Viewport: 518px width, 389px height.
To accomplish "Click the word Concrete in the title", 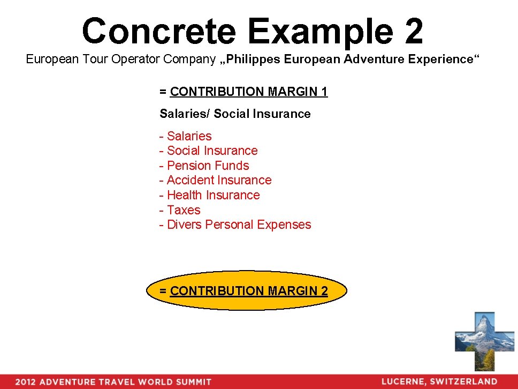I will point(158,31).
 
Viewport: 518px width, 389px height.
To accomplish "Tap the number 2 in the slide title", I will point(414,31).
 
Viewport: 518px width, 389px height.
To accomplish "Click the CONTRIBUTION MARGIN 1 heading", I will point(243,92).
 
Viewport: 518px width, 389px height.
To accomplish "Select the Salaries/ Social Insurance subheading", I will point(235,114).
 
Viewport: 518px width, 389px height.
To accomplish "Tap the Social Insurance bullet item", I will point(209,151).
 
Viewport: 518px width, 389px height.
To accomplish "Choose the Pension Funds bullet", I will point(204,166).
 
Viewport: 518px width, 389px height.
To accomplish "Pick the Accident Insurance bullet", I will point(216,180).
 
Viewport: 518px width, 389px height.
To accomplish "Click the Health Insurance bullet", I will point(210,195).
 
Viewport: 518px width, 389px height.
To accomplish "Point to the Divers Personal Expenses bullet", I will point(235,225).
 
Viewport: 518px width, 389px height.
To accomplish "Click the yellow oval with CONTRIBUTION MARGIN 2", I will point(246,291).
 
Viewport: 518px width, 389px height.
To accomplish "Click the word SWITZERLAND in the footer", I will point(464,381).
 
